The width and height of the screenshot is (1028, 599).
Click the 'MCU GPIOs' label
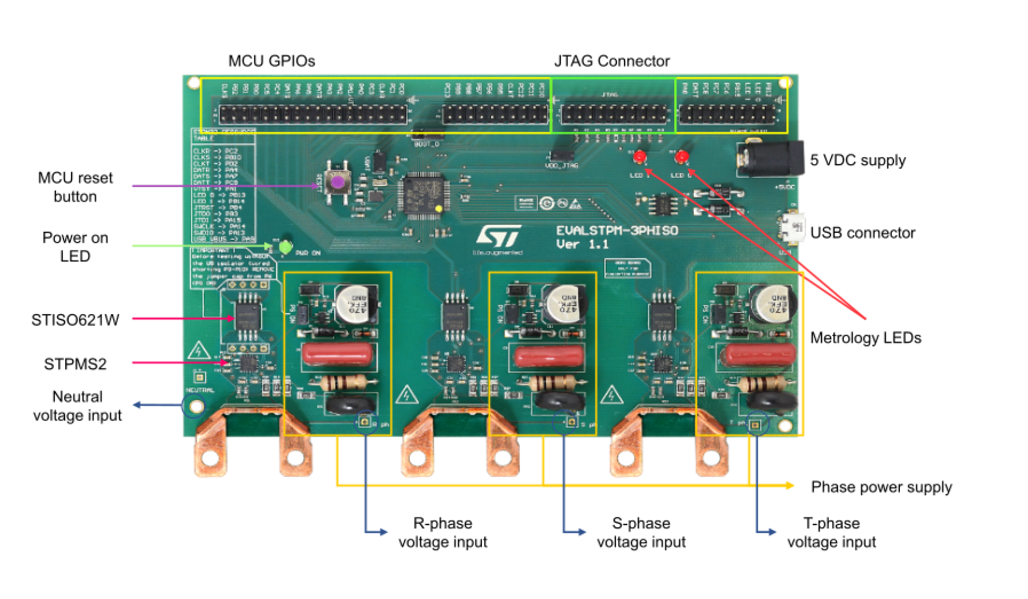click(x=271, y=61)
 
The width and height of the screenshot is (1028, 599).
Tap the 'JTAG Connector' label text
click(x=611, y=61)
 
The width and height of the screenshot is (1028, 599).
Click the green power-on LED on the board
click(x=285, y=247)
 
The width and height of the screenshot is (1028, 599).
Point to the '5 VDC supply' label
click(x=857, y=161)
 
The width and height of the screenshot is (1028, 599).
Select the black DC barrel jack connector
click(x=770, y=158)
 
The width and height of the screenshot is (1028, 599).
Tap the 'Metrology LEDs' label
click(x=865, y=338)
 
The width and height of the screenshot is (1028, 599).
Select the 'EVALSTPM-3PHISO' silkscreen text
click(x=616, y=230)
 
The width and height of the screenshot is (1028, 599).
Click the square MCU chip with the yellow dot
click(x=427, y=195)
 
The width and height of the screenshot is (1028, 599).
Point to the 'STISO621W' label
click(x=75, y=320)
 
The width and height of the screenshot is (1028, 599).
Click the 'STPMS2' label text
click(x=75, y=364)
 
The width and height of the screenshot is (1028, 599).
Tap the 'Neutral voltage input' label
click(x=77, y=406)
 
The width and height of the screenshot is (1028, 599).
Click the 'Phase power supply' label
click(x=881, y=487)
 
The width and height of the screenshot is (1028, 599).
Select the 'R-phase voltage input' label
click(x=443, y=533)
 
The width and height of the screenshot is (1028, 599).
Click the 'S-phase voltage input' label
click(x=641, y=533)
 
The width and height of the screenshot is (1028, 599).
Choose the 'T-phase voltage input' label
click(x=831, y=533)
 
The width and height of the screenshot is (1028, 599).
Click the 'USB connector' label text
click(x=862, y=233)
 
